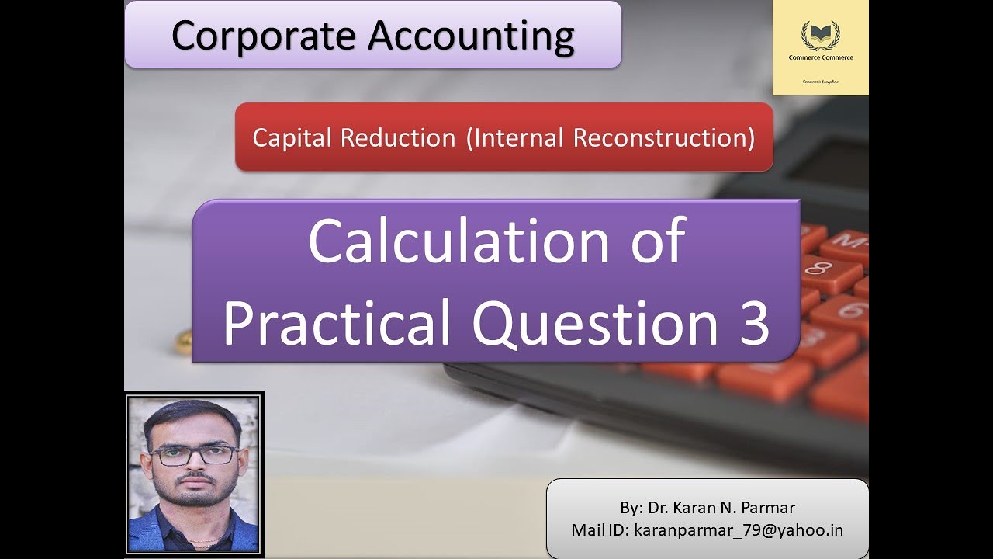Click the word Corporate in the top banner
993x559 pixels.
(264, 35)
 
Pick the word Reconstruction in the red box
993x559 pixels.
(664, 137)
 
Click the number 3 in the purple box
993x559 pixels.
(752, 323)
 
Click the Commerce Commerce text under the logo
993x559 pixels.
(819, 57)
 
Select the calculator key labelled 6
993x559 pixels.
(850, 311)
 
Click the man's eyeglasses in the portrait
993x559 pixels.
(194, 455)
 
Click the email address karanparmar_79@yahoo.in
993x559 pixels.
(739, 530)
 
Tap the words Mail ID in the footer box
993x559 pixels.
(599, 530)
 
